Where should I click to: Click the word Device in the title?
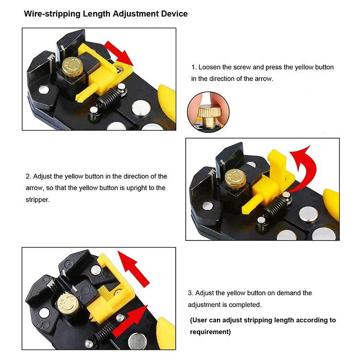tap(172, 14)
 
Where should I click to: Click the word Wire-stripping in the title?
tap(52, 14)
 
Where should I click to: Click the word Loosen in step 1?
tap(210, 67)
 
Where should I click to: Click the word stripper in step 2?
tap(37, 199)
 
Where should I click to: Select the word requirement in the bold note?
tap(209, 332)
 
